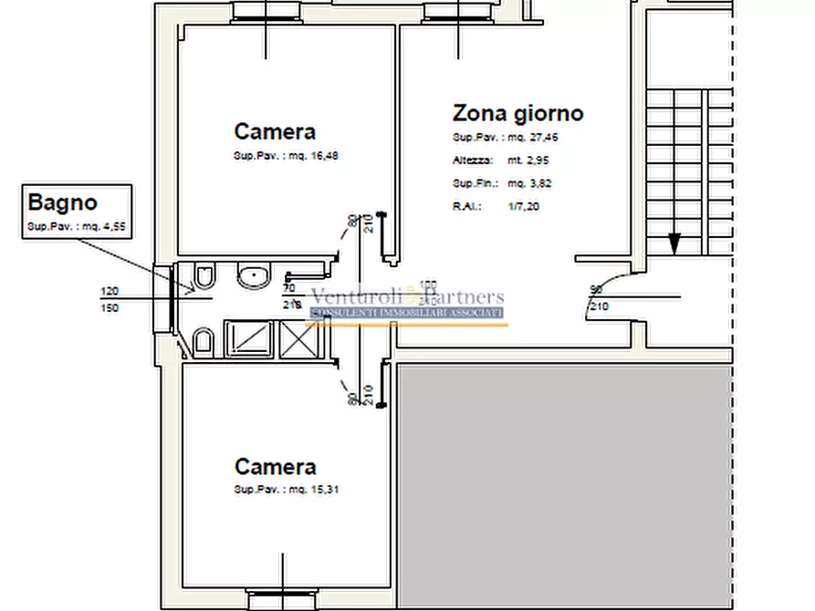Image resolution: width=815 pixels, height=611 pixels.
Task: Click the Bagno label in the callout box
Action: point(62,202)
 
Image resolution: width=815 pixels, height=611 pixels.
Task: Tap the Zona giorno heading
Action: point(517,113)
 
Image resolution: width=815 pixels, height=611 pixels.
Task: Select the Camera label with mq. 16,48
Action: point(275,131)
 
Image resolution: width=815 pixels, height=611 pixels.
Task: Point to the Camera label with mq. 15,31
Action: point(275,467)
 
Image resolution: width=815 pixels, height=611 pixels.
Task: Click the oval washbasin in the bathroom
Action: point(252,275)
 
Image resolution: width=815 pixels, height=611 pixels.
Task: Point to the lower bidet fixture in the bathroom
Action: point(204,343)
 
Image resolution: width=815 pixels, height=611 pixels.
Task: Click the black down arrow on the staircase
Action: point(674,243)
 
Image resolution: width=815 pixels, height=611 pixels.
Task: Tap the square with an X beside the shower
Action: point(297,339)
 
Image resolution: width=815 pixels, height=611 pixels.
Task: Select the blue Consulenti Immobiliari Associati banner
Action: point(407,313)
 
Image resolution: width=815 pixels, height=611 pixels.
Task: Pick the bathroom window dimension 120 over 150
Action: point(110,299)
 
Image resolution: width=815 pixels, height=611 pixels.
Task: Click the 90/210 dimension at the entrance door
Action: point(599,297)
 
